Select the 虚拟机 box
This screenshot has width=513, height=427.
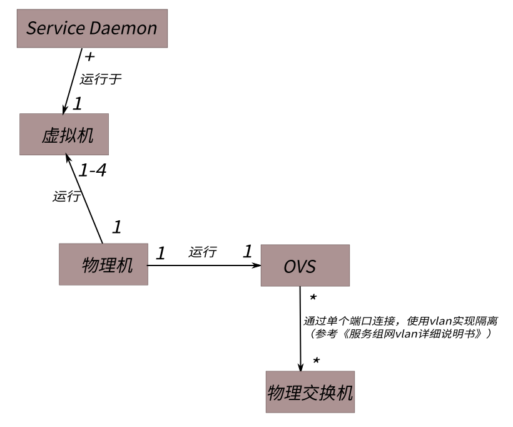[x=64, y=134]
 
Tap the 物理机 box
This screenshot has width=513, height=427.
[x=103, y=264]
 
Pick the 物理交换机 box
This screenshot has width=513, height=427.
[x=310, y=392]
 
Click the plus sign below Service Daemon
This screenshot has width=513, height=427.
[x=89, y=57]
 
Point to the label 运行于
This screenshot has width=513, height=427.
[x=99, y=80]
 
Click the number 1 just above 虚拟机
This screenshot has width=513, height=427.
[x=77, y=104]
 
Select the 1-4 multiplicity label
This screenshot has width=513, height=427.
[x=93, y=170]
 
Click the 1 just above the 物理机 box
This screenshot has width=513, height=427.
[x=116, y=227]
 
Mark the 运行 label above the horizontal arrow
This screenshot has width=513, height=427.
[x=203, y=252]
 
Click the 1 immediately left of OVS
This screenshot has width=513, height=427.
[x=247, y=252]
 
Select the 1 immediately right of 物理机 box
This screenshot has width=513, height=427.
[x=160, y=254]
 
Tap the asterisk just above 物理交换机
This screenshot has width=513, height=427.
[x=317, y=362]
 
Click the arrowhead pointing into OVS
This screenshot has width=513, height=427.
[x=256, y=265]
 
